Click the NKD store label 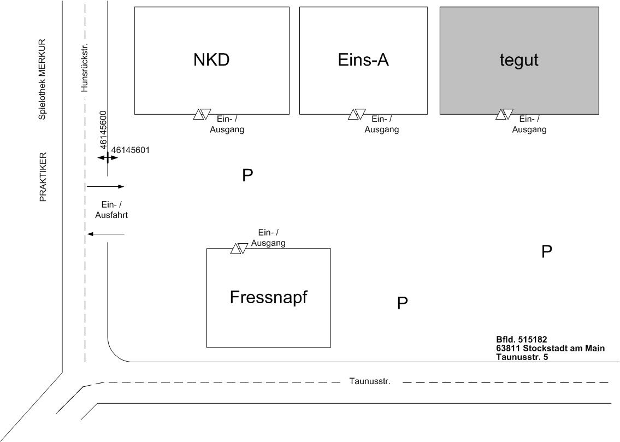[x=211, y=60]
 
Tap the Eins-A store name [x=363, y=60]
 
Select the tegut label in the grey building [x=519, y=60]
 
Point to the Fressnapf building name [x=269, y=298]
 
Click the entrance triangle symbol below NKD [x=202, y=114]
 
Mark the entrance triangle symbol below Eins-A [x=357, y=114]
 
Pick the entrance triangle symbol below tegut [x=504, y=114]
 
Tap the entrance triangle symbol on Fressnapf [x=239, y=249]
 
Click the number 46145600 [x=103, y=130]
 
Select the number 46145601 [x=130, y=150]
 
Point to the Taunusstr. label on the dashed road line [x=370, y=381]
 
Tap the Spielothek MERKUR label [x=42, y=79]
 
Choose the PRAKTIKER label [x=43, y=177]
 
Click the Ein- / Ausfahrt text [x=111, y=210]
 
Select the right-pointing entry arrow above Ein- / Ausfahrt [x=105, y=187]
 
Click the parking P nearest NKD [x=247, y=175]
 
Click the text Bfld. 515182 [x=521, y=340]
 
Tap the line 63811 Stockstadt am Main [x=550, y=349]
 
